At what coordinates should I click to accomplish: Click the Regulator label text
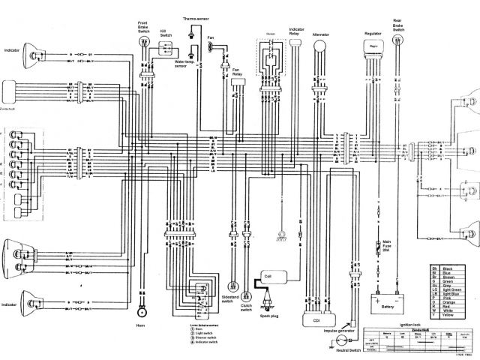pyautogui.click(x=373, y=34)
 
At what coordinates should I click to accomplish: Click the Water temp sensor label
pyautogui.click(x=181, y=63)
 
